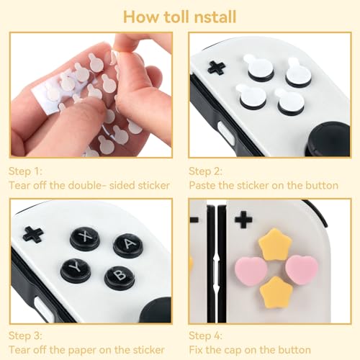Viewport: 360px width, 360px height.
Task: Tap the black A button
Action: (127, 245)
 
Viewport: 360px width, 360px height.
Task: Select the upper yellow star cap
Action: (274, 244)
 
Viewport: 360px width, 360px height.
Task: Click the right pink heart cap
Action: (301, 267)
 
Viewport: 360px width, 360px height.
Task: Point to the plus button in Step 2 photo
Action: (216, 68)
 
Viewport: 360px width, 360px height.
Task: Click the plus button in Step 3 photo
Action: (32, 234)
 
